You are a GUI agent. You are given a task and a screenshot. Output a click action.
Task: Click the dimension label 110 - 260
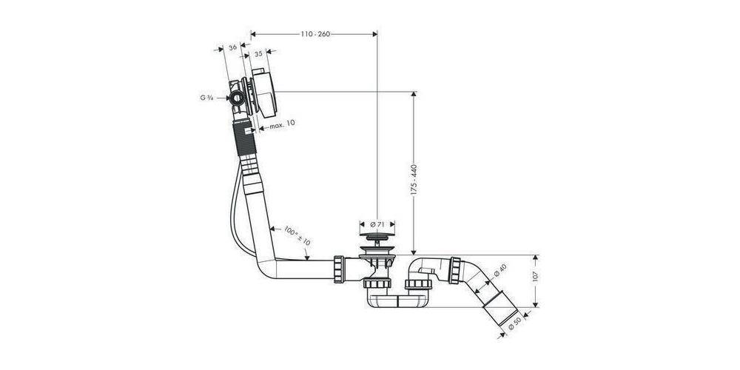(x=315, y=34)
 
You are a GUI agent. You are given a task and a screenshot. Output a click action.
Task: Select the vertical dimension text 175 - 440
(x=414, y=180)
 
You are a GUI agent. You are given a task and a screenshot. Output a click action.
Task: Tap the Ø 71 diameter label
(x=377, y=224)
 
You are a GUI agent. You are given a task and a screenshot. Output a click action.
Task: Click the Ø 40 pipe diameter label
(x=500, y=274)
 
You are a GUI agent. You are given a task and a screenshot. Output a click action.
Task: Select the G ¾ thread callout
(x=206, y=98)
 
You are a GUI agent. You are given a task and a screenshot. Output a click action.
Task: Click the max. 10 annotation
(x=282, y=124)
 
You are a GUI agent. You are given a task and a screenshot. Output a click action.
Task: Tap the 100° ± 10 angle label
(x=297, y=235)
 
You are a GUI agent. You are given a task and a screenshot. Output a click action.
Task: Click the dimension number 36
(x=232, y=47)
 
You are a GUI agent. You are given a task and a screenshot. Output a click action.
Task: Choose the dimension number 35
(x=258, y=54)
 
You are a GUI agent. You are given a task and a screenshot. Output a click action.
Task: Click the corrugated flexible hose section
(x=245, y=137)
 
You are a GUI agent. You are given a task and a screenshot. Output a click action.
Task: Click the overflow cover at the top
(x=264, y=93)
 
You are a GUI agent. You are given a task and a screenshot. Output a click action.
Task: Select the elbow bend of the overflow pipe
(x=266, y=266)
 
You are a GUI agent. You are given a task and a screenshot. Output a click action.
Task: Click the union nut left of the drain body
(x=338, y=269)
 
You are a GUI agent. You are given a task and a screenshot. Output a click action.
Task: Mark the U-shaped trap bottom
(x=397, y=301)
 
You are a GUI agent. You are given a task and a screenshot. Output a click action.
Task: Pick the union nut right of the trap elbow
(x=455, y=270)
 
